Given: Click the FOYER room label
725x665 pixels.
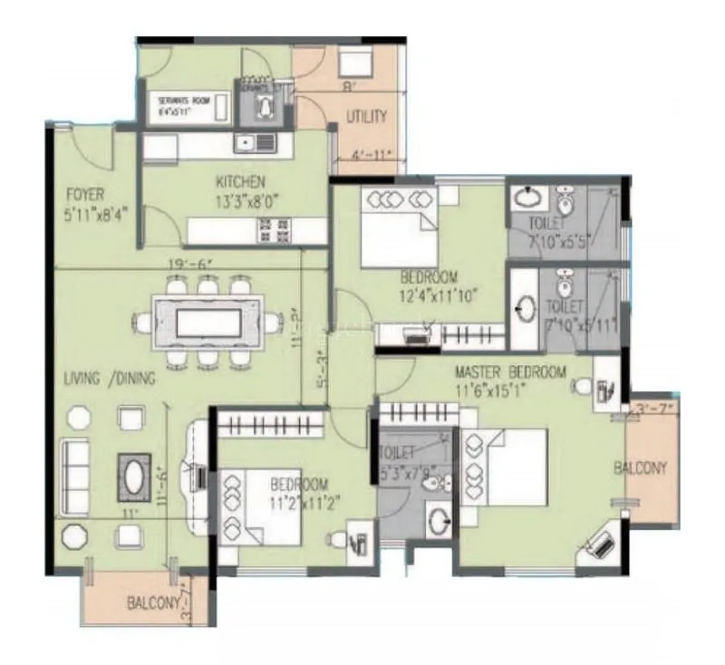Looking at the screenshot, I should click(86, 194).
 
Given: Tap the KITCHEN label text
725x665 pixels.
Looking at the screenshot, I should click(240, 182).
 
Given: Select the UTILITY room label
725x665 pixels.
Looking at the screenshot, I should click(366, 117).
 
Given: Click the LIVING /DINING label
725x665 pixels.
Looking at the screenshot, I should click(110, 379).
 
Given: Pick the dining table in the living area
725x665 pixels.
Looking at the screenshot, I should click(209, 322).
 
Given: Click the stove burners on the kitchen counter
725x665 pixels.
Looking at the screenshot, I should click(273, 231).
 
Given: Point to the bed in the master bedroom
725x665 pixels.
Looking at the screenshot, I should click(505, 467).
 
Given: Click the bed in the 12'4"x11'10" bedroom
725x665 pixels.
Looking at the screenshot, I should click(398, 226).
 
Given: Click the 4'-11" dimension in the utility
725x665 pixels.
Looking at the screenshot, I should click(372, 155).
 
